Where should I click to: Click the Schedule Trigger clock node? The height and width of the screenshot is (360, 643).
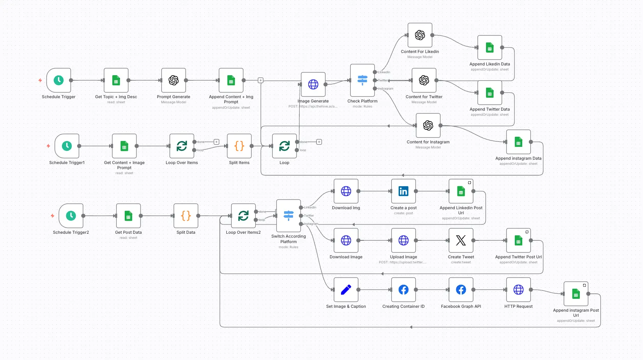(59, 80)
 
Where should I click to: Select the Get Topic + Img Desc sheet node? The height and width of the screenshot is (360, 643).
(116, 80)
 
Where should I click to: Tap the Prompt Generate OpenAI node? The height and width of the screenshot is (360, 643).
(173, 80)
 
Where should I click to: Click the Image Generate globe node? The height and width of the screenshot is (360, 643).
(313, 84)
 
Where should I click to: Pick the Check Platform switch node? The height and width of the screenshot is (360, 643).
(362, 80)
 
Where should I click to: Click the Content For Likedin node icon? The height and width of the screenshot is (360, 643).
(420, 35)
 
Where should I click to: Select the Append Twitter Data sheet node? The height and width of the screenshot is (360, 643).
(490, 93)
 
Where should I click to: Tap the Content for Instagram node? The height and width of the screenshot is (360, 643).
(428, 125)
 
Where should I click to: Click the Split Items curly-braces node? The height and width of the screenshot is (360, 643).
(239, 146)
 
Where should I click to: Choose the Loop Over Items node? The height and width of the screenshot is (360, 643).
(182, 146)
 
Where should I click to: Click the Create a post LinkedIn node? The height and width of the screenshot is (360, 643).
(403, 191)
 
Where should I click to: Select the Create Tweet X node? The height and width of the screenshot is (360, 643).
(461, 240)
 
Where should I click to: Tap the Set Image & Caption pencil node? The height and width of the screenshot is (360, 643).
(346, 290)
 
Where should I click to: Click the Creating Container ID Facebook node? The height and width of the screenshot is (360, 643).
(403, 290)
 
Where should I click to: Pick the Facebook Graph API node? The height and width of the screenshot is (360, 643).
(461, 290)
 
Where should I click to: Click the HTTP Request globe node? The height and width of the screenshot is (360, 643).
(518, 290)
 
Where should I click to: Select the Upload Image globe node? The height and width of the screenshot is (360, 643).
(403, 240)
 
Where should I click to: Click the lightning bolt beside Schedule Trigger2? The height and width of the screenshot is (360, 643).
(53, 215)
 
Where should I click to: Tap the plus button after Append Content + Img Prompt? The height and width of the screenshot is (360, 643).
(261, 80)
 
